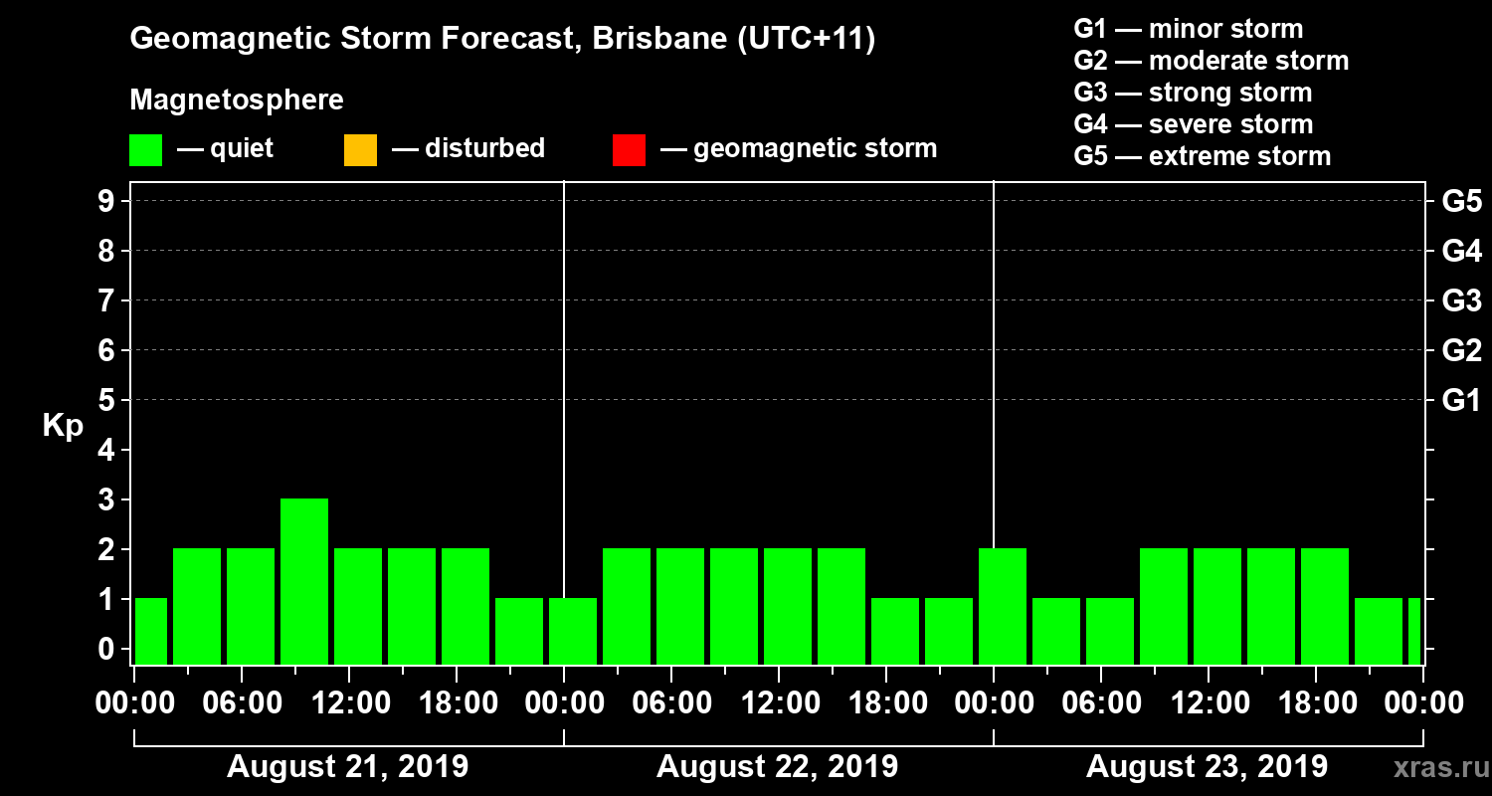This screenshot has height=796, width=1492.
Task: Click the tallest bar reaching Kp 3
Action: click(x=304, y=581)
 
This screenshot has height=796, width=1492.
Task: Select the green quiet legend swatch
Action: click(x=146, y=149)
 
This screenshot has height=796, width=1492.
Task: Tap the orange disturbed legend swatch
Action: click(x=360, y=149)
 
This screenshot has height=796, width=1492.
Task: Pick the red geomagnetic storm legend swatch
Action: click(x=629, y=149)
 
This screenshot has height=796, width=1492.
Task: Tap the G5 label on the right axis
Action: click(x=1461, y=202)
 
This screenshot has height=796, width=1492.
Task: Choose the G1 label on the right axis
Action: click(x=1461, y=401)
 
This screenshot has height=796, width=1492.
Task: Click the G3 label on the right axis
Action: click(x=1461, y=301)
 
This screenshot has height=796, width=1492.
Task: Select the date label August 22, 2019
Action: click(x=777, y=767)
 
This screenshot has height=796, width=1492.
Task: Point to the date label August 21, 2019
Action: click(x=347, y=767)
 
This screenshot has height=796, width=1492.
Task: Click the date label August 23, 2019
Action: click(x=1207, y=767)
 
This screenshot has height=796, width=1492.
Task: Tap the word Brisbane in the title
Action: click(x=646, y=40)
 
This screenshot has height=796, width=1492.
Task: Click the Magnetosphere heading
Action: click(x=237, y=100)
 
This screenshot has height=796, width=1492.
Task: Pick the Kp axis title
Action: click(x=63, y=426)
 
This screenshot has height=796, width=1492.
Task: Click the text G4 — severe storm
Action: click(x=1193, y=124)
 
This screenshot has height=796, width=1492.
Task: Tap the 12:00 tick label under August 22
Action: click(x=777, y=702)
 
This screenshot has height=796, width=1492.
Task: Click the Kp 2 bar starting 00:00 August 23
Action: click(x=1003, y=606)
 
